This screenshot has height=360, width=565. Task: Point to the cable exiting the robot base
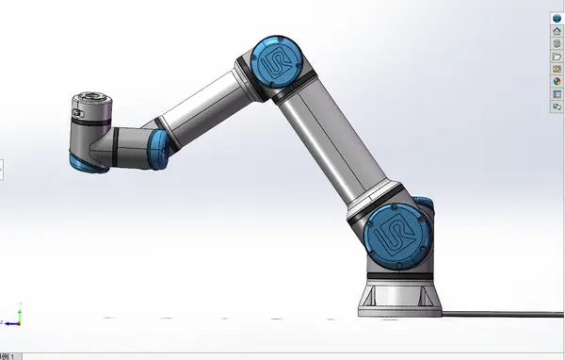[x=499, y=311]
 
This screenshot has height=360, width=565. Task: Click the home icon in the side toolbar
[x=557, y=31]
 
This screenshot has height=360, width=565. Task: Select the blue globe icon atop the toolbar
[x=557, y=18]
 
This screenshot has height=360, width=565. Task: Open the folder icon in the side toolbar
[x=557, y=57]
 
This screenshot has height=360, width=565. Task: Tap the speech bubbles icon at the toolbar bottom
[x=557, y=106]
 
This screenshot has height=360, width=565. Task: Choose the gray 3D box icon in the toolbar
[x=557, y=43]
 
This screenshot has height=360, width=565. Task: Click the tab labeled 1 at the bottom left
[x=8, y=356]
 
